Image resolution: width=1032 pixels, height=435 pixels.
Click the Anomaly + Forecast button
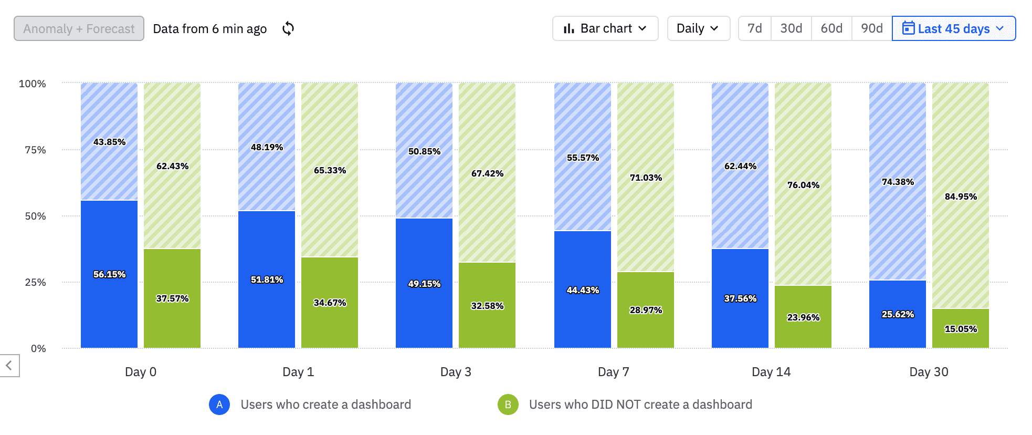tap(79, 28)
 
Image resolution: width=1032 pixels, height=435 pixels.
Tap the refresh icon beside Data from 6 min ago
tap(288, 28)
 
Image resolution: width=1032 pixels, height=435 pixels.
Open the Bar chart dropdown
tap(605, 28)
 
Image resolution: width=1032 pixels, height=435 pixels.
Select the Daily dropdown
tap(698, 28)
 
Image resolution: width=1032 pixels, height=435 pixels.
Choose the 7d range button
tap(754, 28)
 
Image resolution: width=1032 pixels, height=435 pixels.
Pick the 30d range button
tap(791, 28)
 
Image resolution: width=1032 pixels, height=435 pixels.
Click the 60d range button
tap(831, 28)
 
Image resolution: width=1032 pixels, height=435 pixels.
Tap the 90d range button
tap(871, 28)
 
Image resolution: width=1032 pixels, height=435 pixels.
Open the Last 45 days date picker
tap(953, 28)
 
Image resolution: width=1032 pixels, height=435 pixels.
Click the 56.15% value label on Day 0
tap(109, 274)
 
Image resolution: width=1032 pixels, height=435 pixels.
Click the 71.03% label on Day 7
tap(646, 178)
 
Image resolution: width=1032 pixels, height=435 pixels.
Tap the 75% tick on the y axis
tap(35, 150)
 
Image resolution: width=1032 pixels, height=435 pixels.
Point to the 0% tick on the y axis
tap(38, 348)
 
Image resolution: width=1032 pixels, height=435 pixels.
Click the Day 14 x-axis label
tap(771, 372)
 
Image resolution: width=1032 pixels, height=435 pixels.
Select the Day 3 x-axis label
tap(455, 372)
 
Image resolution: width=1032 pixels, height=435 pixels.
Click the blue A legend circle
tap(219, 405)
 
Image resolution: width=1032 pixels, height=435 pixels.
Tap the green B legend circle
tap(508, 405)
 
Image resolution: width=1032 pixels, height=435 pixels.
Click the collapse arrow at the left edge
tap(9, 365)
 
